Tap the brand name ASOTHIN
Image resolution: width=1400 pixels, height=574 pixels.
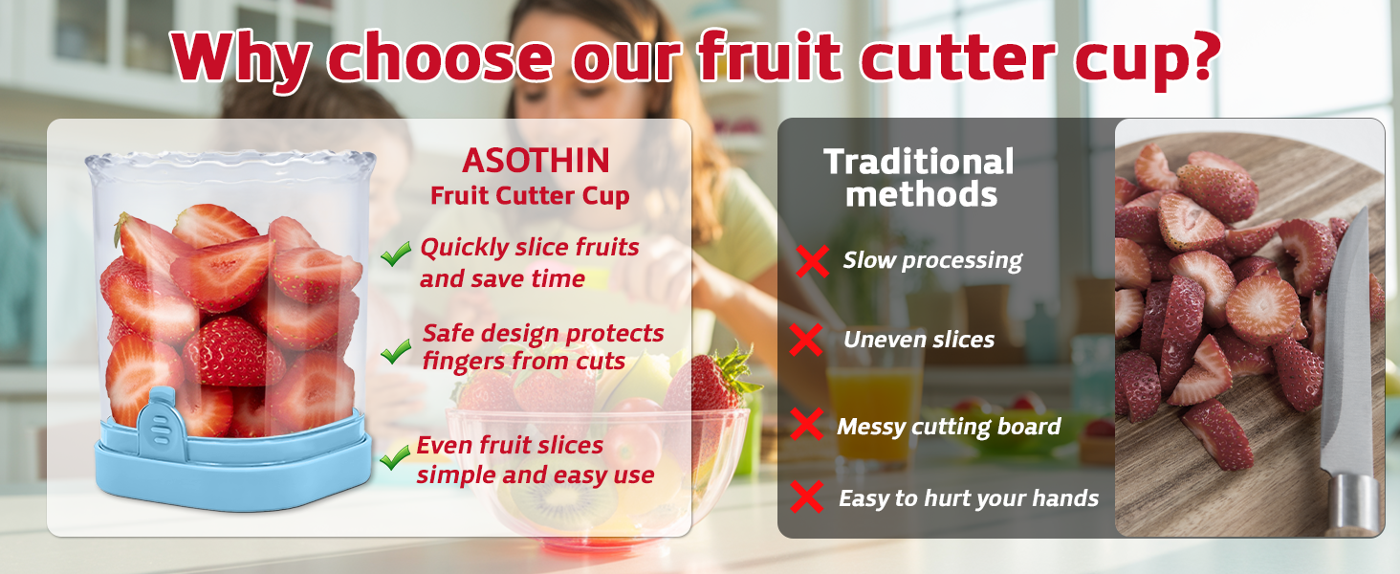coord(536,161)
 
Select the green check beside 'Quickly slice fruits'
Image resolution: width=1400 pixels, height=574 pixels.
coord(396,254)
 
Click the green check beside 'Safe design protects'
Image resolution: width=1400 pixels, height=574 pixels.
coord(396,352)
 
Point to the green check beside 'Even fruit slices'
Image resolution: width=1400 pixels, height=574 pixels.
coord(394,458)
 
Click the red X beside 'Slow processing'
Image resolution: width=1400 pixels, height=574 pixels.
coord(812,261)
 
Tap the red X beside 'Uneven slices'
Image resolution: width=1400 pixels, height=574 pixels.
coord(808,340)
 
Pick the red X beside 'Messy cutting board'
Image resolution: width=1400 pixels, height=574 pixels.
coord(807,425)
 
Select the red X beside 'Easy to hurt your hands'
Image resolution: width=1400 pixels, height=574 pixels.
coord(808,497)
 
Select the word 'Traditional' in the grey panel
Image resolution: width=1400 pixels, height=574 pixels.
coord(918,162)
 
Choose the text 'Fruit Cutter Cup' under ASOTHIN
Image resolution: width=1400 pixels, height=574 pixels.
coord(530,196)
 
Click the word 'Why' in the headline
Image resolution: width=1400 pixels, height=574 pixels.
coord(242,57)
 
